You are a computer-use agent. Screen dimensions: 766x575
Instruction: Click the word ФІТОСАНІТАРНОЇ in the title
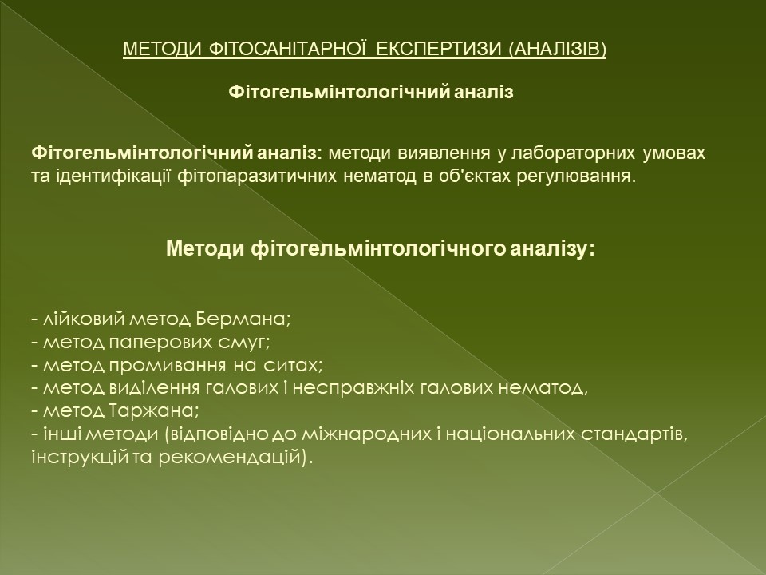[288, 49]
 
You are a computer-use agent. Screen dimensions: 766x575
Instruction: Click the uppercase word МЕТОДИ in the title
[162, 49]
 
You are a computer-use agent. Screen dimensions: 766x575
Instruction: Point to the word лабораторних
[574, 153]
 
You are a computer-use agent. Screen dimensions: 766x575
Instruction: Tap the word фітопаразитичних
[256, 176]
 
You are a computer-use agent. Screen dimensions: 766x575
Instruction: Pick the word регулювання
[575, 176]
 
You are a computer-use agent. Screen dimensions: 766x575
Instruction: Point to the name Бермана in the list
[242, 319]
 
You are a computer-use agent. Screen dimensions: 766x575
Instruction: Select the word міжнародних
[366, 434]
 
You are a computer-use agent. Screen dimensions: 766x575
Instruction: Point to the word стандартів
[633, 434]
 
